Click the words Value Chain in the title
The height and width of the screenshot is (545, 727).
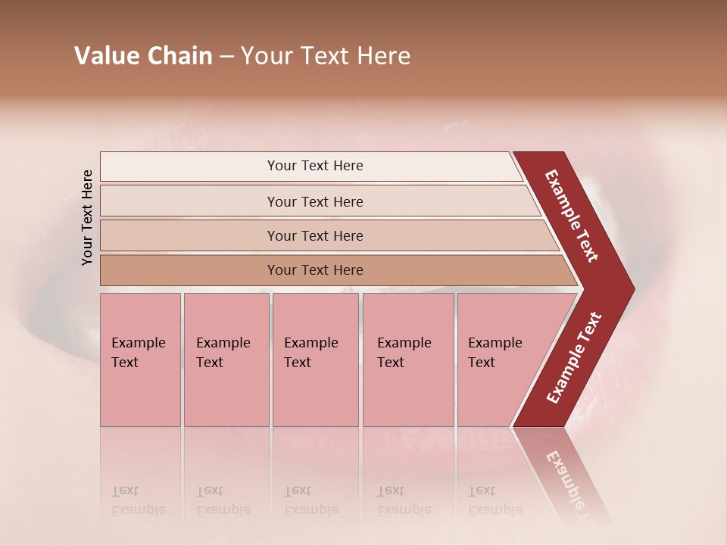[143, 56]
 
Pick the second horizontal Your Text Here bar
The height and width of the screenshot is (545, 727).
[314, 201]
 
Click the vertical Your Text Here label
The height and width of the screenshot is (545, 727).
[87, 217]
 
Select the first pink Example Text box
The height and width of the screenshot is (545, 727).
[140, 360]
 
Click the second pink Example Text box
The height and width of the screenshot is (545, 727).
[226, 360]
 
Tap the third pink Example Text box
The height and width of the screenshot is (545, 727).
[315, 360]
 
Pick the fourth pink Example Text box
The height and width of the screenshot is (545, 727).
[408, 360]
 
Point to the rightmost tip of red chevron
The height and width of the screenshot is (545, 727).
[633, 288]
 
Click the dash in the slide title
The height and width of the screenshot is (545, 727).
[226, 57]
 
